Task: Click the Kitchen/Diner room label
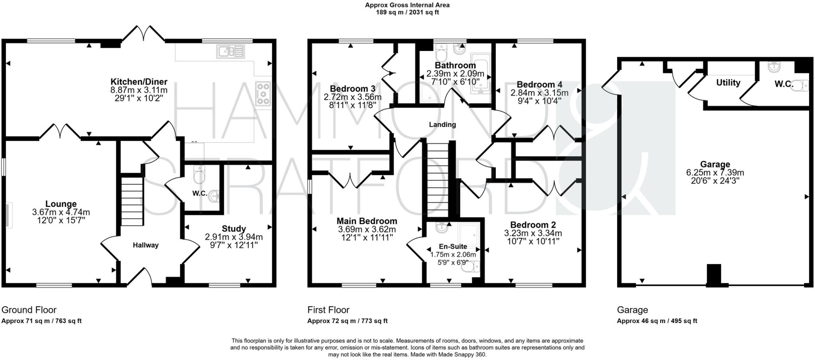point(138,82)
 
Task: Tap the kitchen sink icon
point(230,51)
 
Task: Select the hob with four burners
point(263,94)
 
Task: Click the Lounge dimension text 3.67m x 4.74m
point(61,212)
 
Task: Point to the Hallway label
point(146,245)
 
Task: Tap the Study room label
point(234,229)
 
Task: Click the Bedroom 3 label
point(352,88)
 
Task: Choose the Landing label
point(442,125)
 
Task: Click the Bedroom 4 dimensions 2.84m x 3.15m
point(539,93)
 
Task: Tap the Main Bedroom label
point(367,221)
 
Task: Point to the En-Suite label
point(453,247)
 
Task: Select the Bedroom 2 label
point(533,225)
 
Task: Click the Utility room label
point(728,83)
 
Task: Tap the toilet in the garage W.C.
point(801,85)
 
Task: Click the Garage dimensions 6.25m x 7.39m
point(715,173)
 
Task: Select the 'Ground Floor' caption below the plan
point(29,310)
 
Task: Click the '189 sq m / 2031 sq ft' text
point(407,12)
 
